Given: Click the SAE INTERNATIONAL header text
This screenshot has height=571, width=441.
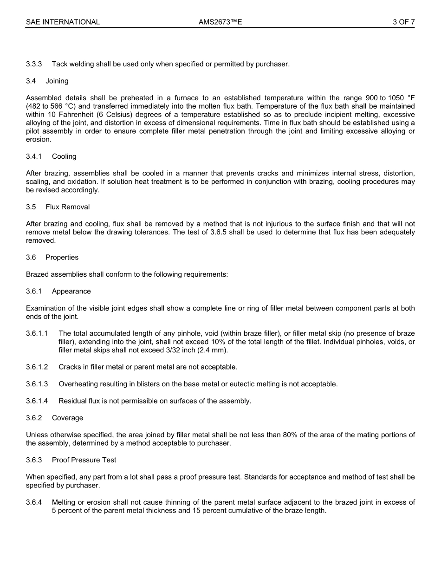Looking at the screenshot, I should click(63, 22).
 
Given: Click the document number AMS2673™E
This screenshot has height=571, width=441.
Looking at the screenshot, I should click(220, 22).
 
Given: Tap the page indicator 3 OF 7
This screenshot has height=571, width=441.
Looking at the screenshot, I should click(403, 22).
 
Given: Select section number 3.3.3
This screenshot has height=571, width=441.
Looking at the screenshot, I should click(34, 64).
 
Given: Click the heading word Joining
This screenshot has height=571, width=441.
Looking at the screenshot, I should click(57, 81).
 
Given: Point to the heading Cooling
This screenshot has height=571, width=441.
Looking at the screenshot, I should click(64, 156).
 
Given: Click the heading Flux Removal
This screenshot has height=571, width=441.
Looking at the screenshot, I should click(68, 207).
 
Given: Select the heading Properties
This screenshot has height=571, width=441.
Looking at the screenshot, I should click(62, 257).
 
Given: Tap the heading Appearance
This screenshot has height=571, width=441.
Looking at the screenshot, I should click(71, 291).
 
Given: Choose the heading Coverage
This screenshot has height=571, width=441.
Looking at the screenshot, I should click(68, 418).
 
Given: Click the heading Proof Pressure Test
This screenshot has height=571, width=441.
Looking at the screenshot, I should click(84, 460).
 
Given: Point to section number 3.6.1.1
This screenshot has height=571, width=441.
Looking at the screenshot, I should click(37, 333).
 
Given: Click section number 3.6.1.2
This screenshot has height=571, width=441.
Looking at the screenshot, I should click(37, 367).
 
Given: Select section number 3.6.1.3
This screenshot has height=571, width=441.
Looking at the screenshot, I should click(37, 384).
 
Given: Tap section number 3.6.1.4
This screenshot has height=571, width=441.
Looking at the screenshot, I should click(37, 401).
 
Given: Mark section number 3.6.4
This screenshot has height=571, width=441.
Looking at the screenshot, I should click(34, 502).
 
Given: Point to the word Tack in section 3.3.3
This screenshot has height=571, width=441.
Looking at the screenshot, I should click(59, 64).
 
